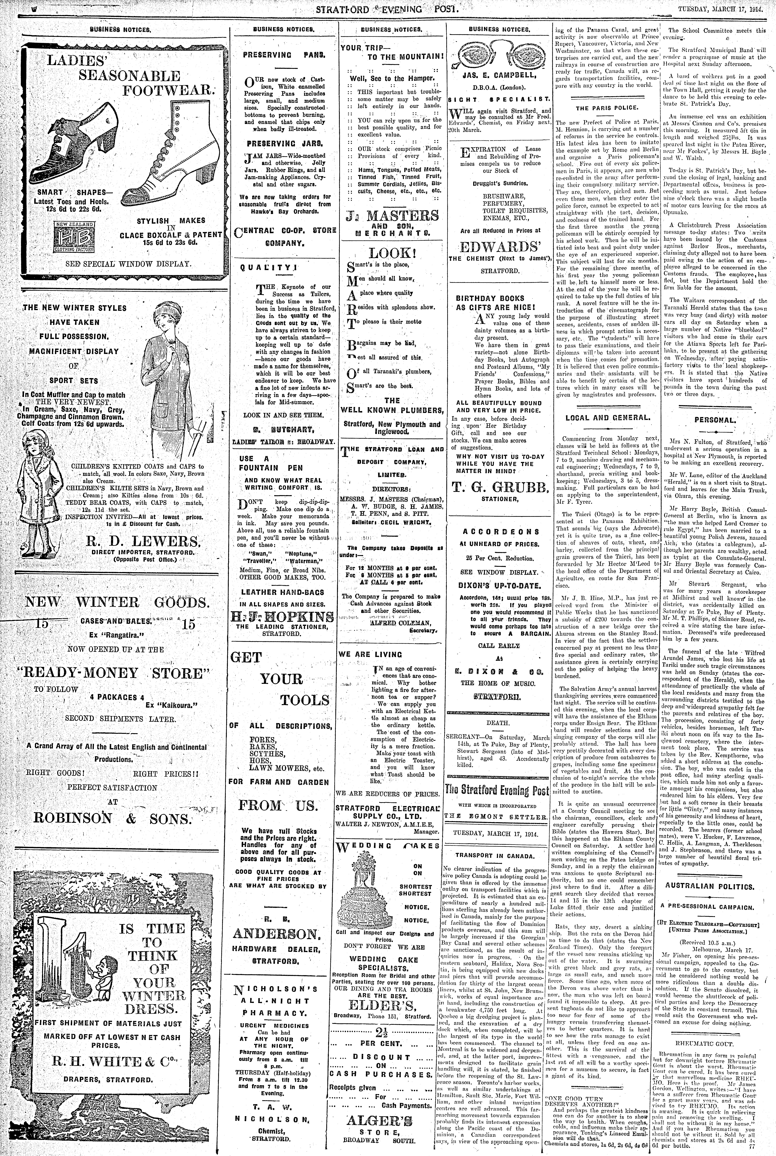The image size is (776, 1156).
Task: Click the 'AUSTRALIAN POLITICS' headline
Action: pyautogui.click(x=716, y=887)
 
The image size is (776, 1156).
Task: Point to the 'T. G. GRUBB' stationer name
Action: pyautogui.click(x=500, y=488)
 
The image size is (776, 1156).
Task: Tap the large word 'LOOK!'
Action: pyautogui.click(x=390, y=254)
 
